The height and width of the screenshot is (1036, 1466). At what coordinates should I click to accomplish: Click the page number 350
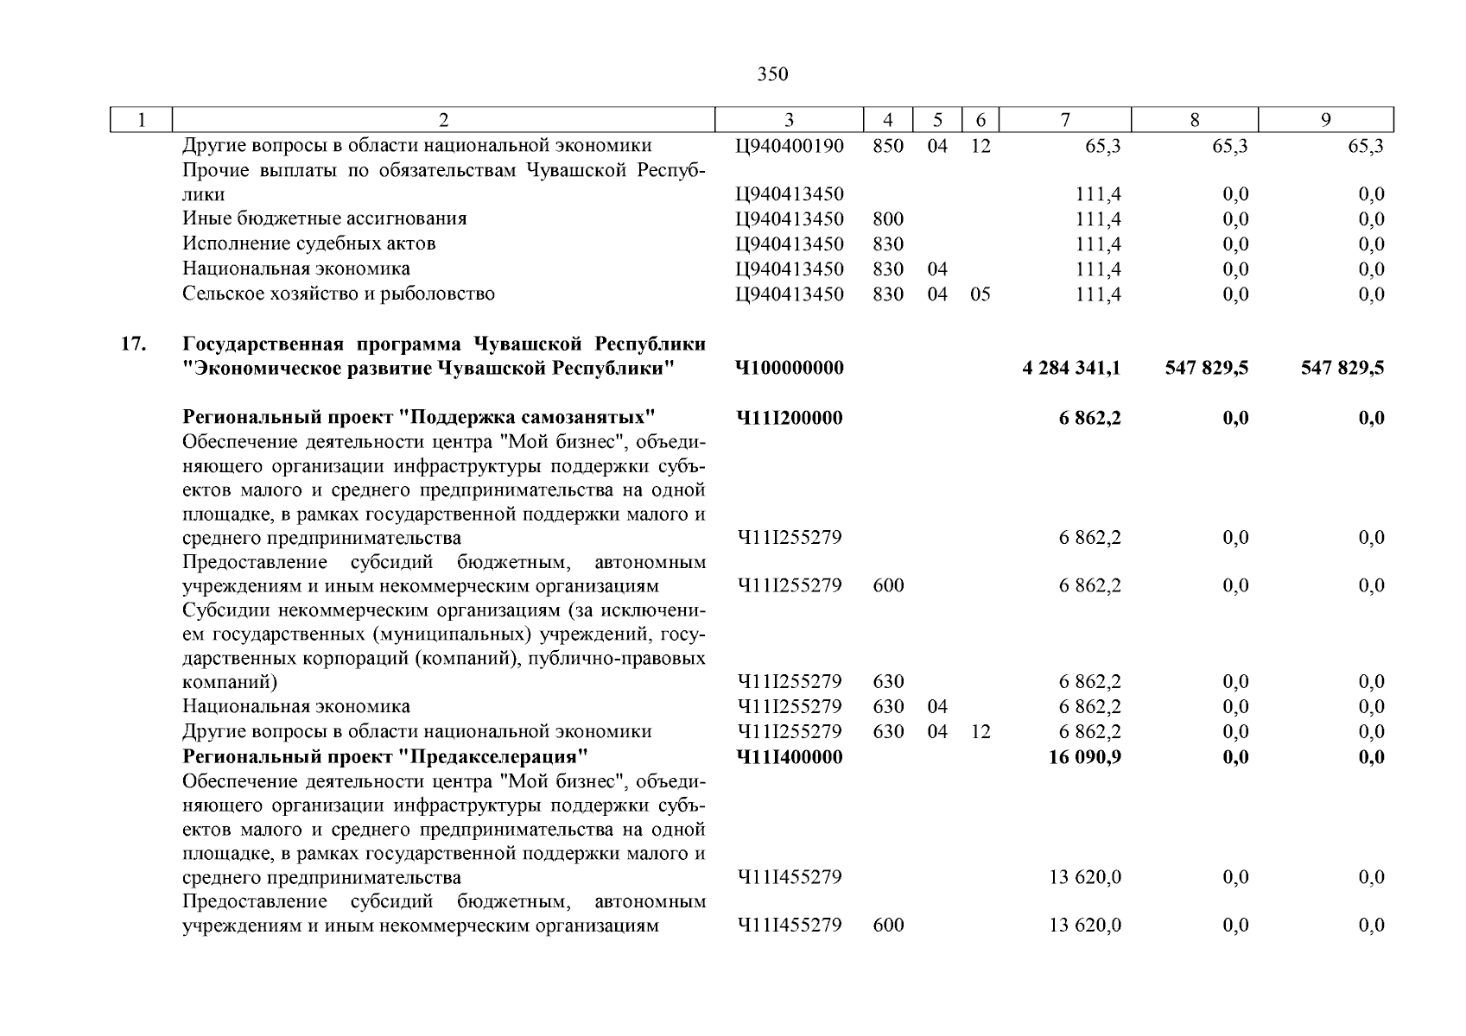[772, 74]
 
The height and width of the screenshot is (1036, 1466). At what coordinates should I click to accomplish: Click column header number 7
[1065, 120]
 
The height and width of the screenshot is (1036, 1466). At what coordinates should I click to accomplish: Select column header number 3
[789, 120]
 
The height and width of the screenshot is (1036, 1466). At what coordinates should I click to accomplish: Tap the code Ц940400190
[789, 146]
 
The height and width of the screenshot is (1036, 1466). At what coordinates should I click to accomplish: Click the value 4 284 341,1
[1071, 369]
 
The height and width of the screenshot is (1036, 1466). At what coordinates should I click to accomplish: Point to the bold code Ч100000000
[789, 369]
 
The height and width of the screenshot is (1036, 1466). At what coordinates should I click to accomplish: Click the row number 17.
[131, 344]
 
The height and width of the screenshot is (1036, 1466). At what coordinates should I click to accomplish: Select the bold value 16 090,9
[1085, 757]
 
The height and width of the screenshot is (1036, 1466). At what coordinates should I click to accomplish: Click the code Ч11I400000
[789, 757]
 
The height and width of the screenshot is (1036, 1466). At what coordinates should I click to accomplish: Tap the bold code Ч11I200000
[789, 419]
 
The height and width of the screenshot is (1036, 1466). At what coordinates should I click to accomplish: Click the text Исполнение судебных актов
[308, 243]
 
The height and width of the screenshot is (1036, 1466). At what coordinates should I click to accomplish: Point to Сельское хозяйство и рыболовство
[338, 294]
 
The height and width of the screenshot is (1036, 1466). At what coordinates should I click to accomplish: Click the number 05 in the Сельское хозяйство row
[980, 294]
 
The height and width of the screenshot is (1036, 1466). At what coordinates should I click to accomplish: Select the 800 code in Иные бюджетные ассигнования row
[888, 219]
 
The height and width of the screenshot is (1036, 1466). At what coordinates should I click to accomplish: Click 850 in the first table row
[888, 146]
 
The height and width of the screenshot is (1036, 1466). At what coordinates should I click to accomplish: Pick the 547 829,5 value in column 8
[1206, 369]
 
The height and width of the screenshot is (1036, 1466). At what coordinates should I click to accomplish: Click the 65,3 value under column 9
[1365, 146]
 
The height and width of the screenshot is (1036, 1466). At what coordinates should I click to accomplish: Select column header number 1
[142, 120]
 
